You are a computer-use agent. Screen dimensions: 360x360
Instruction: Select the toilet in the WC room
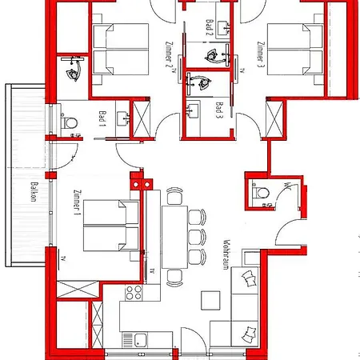(x=258, y=193)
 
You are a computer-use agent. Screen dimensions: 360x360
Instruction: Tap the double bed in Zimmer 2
(x=117, y=50)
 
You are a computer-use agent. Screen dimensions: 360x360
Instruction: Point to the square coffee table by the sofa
(x=210, y=300)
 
